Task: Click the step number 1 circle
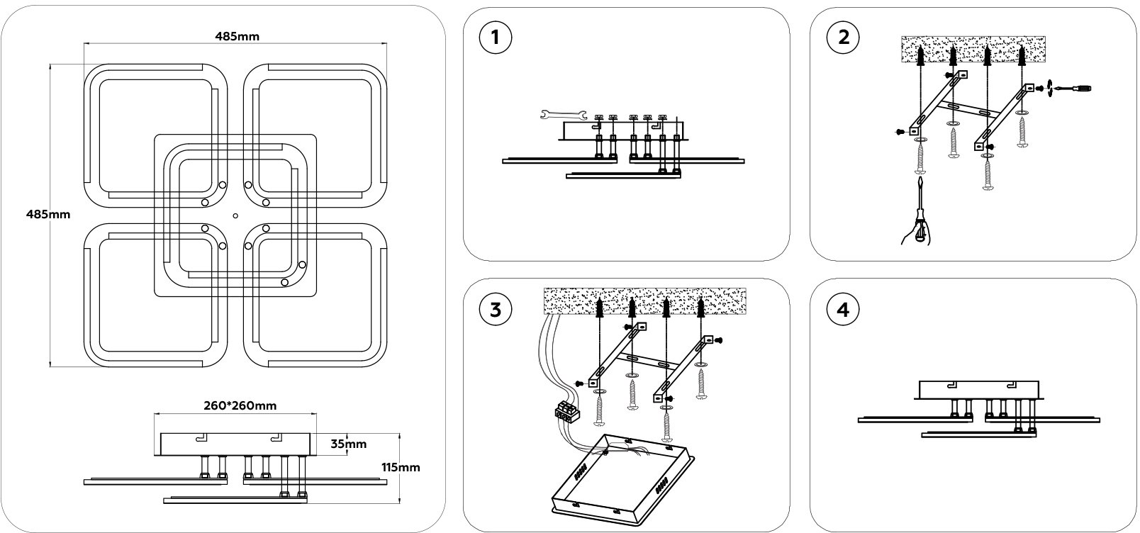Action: pyautogui.click(x=496, y=38)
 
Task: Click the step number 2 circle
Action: pyautogui.click(x=843, y=38)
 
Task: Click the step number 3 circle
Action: pyautogui.click(x=496, y=309)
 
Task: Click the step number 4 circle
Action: pyautogui.click(x=843, y=309)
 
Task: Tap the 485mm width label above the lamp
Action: pyautogui.click(x=237, y=35)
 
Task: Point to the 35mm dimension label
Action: pyautogui.click(x=350, y=444)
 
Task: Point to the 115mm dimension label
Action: pyautogui.click(x=401, y=467)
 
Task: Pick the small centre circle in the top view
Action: pyautogui.click(x=235, y=215)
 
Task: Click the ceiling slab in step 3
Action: pyautogui.click(x=645, y=301)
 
